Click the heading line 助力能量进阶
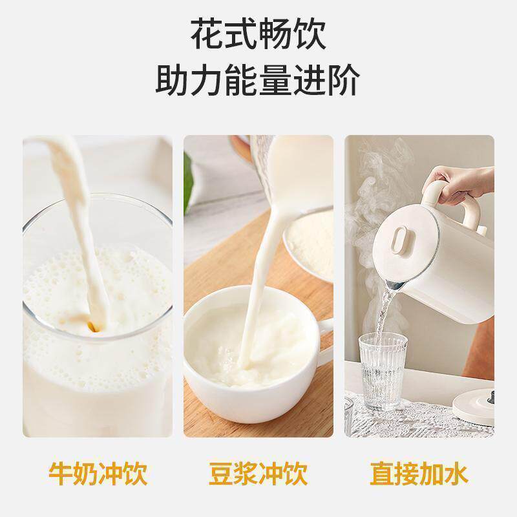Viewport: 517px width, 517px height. tap(258, 82)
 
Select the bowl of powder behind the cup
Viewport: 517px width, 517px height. tap(309, 242)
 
